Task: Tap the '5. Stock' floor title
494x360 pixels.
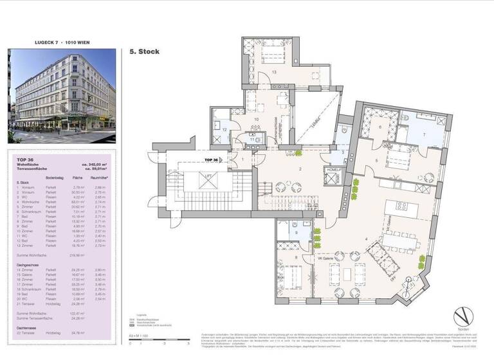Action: pyautogui.click(x=144, y=51)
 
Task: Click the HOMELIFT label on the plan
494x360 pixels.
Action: pyautogui.click(x=334, y=170)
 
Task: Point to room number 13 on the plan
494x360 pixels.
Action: pyautogui.click(x=273, y=73)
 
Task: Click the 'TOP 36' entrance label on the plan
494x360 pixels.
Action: pyautogui.click(x=212, y=158)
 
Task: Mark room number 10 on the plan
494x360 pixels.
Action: pyautogui.click(x=257, y=120)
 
